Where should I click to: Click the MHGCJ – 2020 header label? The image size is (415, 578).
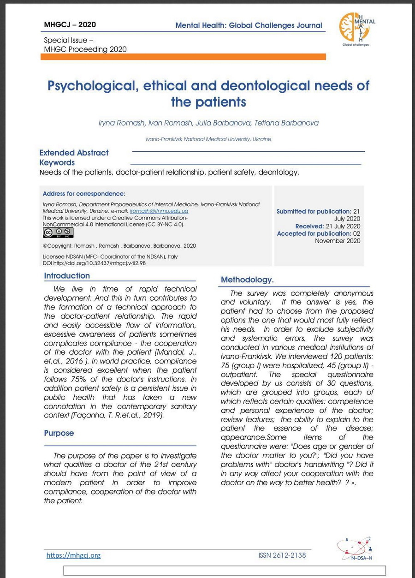(x=70, y=24)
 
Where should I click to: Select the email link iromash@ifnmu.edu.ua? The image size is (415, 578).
(x=159, y=211)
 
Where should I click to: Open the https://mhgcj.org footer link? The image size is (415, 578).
(x=73, y=555)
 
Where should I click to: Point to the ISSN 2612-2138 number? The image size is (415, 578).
(x=282, y=555)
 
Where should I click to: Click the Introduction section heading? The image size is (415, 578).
(x=67, y=276)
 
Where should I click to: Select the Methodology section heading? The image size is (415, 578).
(x=247, y=280)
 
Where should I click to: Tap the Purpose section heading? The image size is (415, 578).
(x=59, y=433)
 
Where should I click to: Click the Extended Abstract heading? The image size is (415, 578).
(x=74, y=153)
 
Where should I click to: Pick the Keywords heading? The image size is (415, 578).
(x=57, y=162)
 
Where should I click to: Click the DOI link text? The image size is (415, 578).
(x=94, y=263)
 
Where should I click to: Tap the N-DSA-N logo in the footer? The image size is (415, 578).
(x=354, y=550)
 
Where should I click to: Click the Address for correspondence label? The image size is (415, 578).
(x=84, y=194)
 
